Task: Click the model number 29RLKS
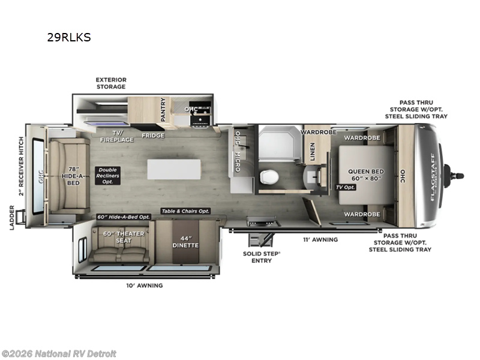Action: click(69, 37)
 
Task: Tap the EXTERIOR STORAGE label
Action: click(112, 83)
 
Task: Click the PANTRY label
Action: click(163, 110)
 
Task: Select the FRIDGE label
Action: click(153, 135)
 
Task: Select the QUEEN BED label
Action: click(365, 175)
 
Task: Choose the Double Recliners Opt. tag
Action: click(108, 175)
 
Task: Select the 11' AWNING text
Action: click(321, 239)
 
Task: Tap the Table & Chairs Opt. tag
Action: click(184, 211)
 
